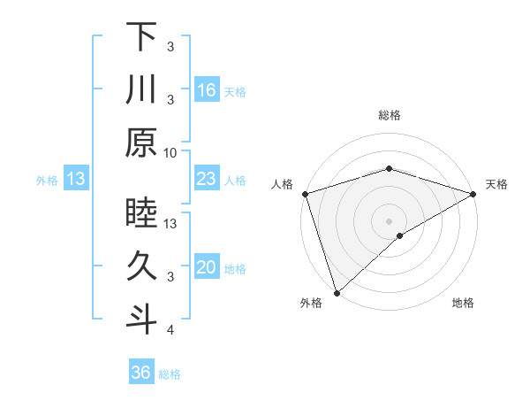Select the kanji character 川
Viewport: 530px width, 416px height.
point(141,89)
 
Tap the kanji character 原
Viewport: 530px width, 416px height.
point(141,142)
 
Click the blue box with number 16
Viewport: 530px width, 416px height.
point(206,89)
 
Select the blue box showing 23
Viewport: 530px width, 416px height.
point(206,180)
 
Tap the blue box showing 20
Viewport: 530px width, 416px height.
point(206,268)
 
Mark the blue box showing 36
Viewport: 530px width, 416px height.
point(141,373)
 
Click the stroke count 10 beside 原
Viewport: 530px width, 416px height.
point(170,152)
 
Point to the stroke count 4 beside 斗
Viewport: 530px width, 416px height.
point(170,330)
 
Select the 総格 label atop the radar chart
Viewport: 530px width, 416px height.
point(389,115)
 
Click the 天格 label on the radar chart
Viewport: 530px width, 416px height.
point(496,184)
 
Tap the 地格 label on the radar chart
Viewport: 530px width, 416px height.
point(463,304)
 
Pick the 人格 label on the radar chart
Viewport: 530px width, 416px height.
point(283,184)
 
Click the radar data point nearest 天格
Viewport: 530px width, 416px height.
point(473,193)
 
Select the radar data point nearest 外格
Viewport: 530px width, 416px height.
point(337,292)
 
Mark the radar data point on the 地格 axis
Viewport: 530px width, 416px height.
point(400,235)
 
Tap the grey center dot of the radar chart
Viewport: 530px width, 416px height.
point(389,220)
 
